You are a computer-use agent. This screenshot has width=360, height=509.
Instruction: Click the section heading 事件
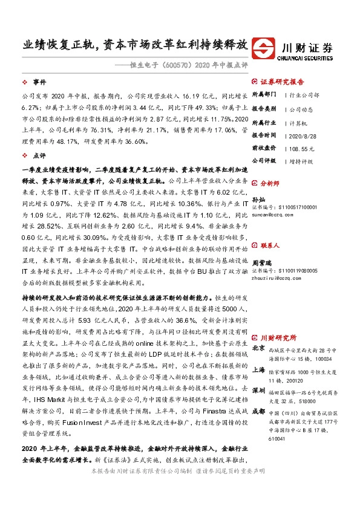40,80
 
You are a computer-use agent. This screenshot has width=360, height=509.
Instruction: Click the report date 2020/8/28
301,135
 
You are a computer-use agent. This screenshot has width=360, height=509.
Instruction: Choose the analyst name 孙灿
258,198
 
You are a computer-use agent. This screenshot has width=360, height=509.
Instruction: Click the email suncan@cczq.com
276,214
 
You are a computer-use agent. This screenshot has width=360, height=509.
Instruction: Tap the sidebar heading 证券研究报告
281,80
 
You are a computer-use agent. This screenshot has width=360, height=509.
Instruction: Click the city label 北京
258,348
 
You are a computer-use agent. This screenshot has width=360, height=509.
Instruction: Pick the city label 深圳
258,389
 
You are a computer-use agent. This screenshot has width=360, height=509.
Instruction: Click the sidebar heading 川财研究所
278,336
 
